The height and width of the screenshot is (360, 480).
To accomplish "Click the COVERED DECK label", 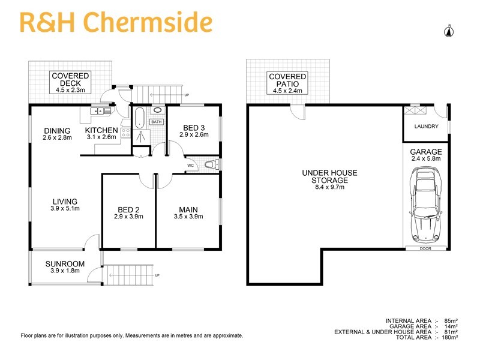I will coord(70,79).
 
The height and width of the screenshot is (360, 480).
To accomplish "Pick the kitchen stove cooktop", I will coord(126,134).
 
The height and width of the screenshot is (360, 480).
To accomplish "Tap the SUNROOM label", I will coord(65,263).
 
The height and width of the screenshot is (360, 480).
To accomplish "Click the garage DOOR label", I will coord(425,247).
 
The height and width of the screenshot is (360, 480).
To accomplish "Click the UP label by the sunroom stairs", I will coord(157,275).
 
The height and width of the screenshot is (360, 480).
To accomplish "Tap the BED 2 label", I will coord(129,209).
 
